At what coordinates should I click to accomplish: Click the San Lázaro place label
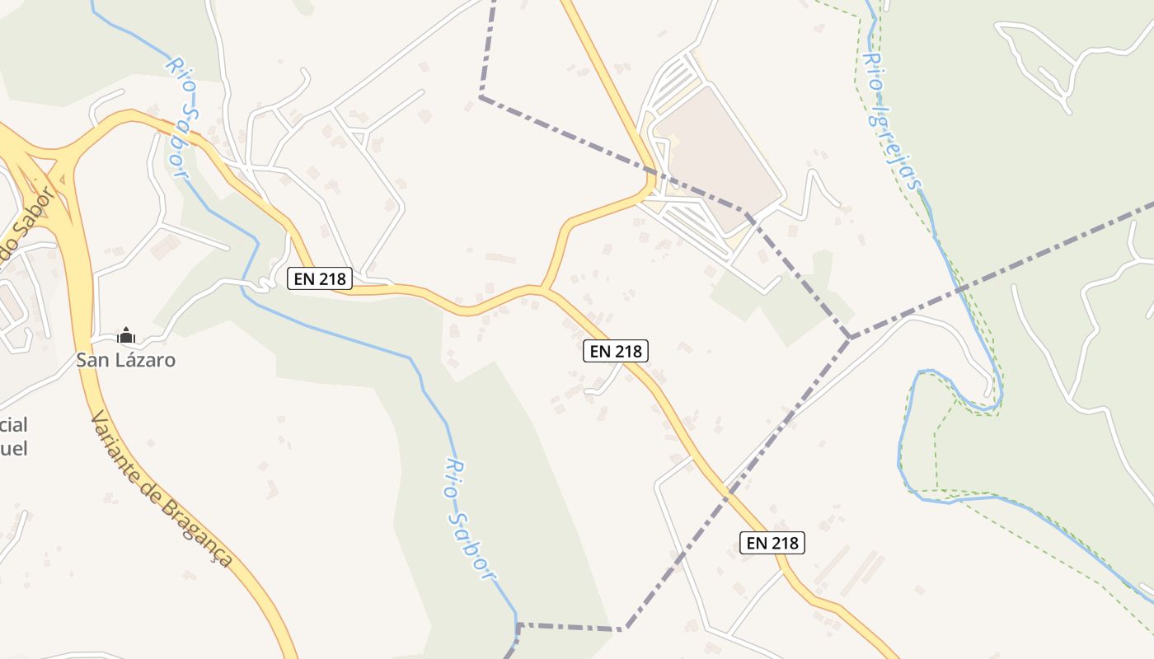click(x=125, y=360)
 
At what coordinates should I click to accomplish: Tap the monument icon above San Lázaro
click(x=125, y=335)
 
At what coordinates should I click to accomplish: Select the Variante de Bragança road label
click(x=161, y=488)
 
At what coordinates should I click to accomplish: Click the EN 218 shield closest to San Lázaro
click(x=320, y=279)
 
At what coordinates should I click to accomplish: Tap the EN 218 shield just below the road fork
click(x=616, y=351)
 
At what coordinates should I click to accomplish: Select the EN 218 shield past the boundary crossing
click(x=772, y=542)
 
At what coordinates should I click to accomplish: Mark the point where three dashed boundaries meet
click(x=850, y=338)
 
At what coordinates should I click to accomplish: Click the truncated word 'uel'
click(x=14, y=448)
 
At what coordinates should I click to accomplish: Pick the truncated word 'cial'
click(x=14, y=425)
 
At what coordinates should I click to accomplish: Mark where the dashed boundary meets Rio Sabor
click(x=517, y=625)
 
